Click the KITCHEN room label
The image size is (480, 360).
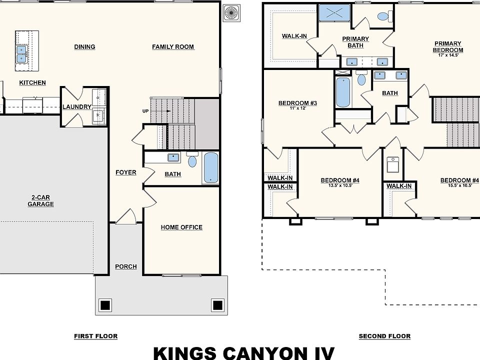pos(32,82)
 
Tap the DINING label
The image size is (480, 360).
pos(85,47)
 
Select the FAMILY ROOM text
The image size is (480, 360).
pos(173,47)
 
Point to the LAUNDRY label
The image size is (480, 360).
pos(77,107)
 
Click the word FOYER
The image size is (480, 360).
pos(126,172)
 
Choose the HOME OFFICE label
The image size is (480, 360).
pos(181,227)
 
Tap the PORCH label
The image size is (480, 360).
pos(126,266)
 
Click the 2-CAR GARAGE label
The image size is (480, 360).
pos(40,201)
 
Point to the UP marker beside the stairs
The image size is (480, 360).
pos(145,111)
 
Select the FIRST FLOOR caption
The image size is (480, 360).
pos(96,336)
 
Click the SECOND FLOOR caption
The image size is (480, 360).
pos(384,336)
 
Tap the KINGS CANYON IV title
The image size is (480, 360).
pos(243,353)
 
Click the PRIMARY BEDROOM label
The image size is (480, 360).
pos(448,47)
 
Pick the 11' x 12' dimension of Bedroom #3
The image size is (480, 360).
pos(297,108)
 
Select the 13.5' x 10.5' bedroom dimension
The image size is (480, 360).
pos(340,185)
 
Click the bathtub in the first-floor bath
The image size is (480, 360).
pos(211,168)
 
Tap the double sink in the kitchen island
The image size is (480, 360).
pos(21,54)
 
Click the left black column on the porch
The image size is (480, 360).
pos(105,305)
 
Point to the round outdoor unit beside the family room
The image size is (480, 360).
pos(231,13)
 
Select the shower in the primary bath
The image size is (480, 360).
pos(334,13)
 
